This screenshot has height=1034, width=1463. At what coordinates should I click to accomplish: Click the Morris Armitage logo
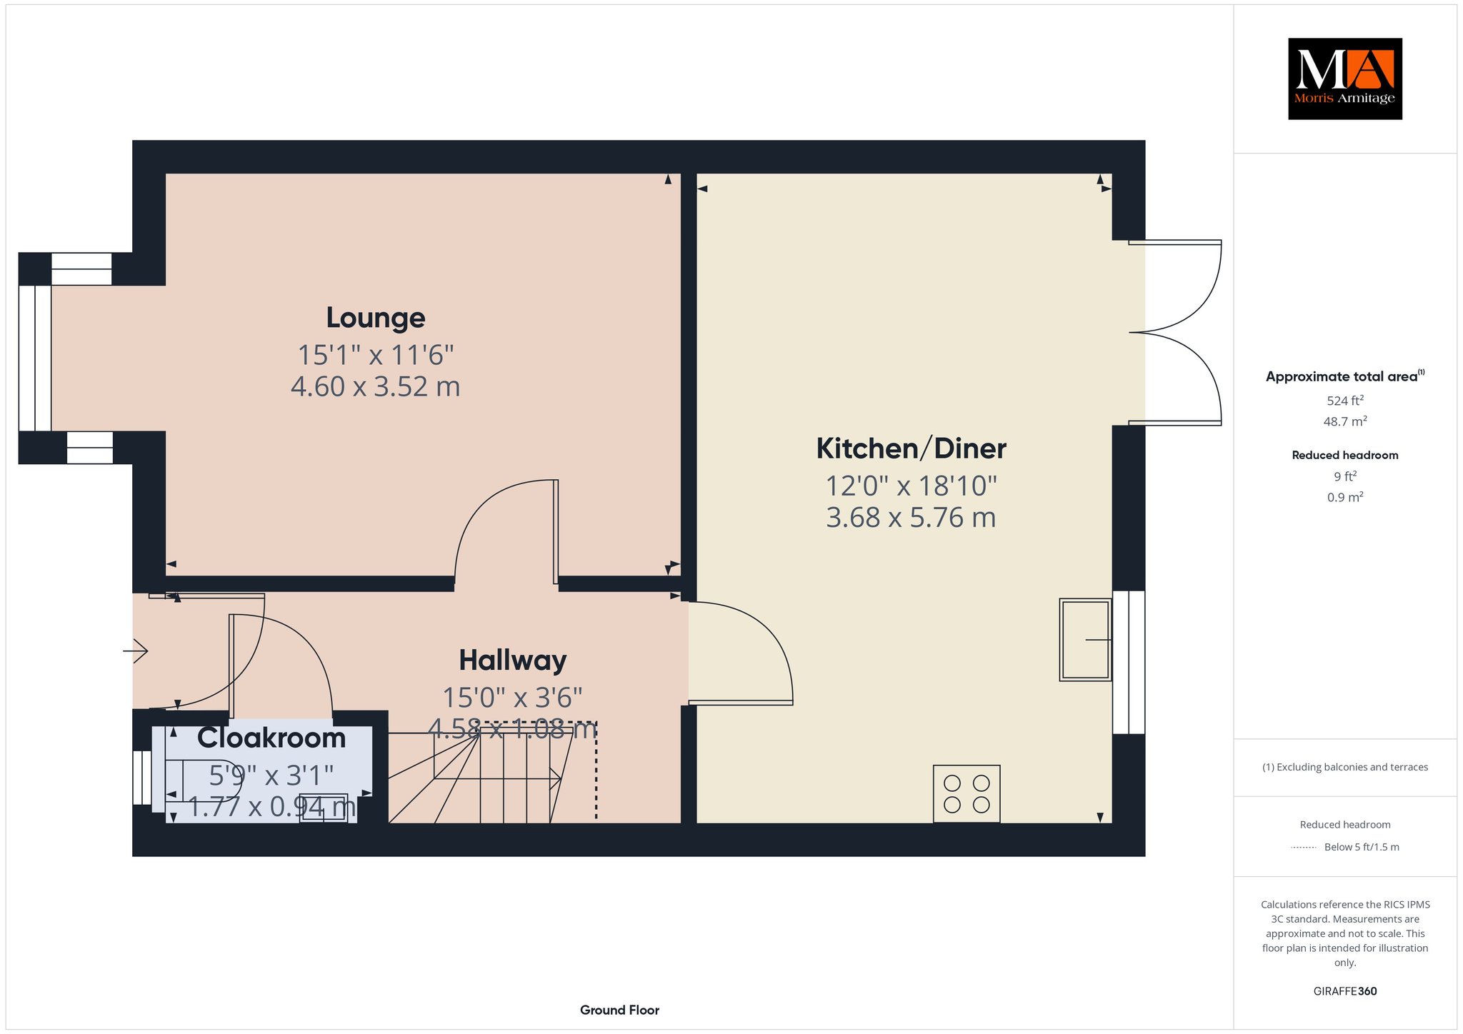coord(1344,79)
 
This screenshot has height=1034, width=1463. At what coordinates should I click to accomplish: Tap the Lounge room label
coord(376,318)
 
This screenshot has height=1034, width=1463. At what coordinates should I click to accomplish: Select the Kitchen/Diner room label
coord(911,448)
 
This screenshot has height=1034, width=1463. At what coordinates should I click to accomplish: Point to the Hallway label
coord(512,661)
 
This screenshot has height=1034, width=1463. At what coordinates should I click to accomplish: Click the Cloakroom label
coord(271,738)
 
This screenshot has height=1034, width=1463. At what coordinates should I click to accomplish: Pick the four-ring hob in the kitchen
coord(967,793)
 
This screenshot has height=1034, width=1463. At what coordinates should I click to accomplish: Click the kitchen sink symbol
coord(1085,640)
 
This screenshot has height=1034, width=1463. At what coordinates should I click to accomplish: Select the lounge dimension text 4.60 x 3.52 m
coord(375,386)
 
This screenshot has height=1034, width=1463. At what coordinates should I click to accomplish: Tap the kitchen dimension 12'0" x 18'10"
coord(911,486)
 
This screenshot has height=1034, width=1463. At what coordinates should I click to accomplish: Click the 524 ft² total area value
coord(1345,401)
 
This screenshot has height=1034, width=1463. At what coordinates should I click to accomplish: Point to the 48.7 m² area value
coord(1345,421)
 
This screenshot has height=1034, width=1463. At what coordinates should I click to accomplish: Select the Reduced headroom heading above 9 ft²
coord(1345,455)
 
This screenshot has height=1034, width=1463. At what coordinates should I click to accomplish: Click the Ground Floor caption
coord(619,1010)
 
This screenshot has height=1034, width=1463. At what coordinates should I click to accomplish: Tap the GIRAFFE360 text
coord(1345,991)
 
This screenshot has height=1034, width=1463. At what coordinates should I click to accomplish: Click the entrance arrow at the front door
coord(136,651)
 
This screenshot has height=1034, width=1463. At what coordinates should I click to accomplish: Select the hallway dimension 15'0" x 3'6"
coord(512,697)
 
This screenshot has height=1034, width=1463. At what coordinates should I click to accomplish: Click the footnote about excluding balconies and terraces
coord(1345,767)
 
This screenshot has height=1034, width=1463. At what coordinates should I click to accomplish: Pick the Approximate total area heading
coord(1345,376)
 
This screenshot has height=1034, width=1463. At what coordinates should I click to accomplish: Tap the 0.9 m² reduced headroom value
coord(1345,497)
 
